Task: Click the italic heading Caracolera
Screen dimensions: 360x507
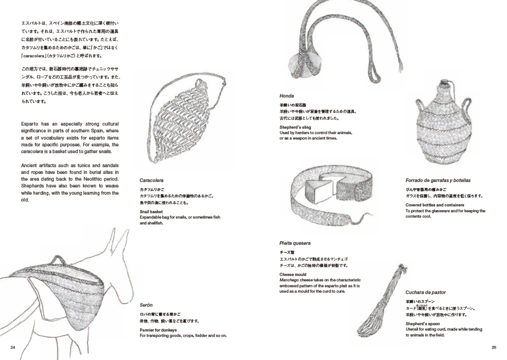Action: (151, 180)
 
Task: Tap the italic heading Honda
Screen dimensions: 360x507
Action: (286, 96)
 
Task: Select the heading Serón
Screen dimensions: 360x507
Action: (146, 305)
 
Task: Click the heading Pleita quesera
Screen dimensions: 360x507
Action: (295, 243)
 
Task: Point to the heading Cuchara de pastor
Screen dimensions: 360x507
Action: (425, 292)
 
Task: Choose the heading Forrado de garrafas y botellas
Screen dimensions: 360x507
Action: (438, 180)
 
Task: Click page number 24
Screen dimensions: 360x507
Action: (13, 347)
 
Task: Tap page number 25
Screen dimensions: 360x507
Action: (494, 347)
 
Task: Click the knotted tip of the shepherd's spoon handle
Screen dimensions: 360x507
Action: (402, 269)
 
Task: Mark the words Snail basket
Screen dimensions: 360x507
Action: (151, 212)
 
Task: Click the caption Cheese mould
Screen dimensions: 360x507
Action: (292, 275)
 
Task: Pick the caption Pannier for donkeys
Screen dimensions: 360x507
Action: (158, 330)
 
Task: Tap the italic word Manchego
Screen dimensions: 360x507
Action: (289, 280)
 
